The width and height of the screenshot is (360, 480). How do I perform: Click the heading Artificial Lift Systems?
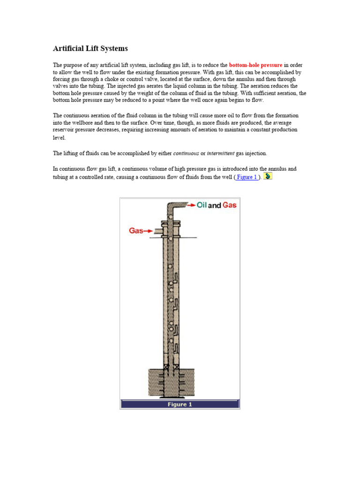point(90,49)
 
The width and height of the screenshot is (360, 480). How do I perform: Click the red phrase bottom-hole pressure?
point(255,65)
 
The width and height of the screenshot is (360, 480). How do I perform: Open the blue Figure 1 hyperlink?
point(247,177)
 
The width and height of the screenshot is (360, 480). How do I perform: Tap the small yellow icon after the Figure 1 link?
point(268,176)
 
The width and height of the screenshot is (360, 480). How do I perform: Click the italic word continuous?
point(186,153)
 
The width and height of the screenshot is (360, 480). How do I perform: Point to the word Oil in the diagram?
point(202,205)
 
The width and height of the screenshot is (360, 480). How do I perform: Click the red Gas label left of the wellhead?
point(136,231)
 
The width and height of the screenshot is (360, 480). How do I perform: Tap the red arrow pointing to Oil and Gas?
point(190,205)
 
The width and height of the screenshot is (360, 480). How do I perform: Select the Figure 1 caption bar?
point(180,404)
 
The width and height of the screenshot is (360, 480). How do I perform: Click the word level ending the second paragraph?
point(59,138)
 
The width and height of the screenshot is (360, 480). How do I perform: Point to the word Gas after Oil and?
point(229,205)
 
